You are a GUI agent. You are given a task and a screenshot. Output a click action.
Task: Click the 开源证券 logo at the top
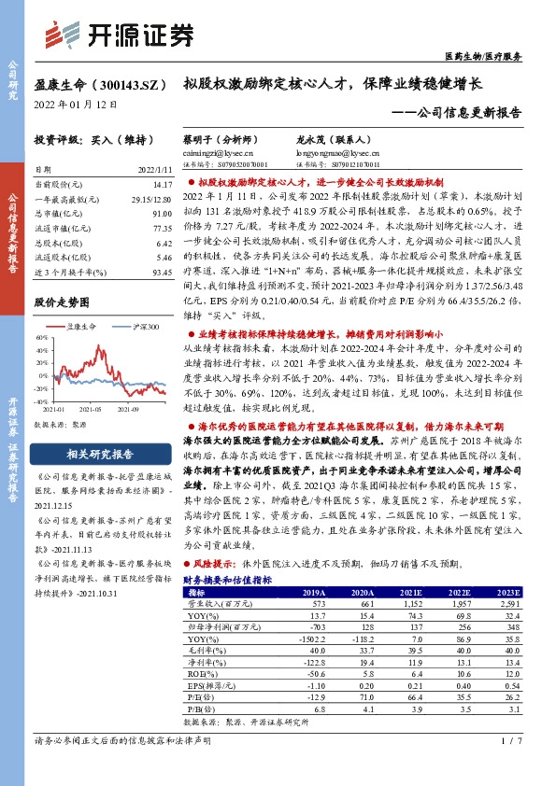(x=134, y=35)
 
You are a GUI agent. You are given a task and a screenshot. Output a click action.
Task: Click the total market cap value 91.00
(x=159, y=214)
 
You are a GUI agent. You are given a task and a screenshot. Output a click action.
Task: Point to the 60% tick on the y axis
(x=42, y=336)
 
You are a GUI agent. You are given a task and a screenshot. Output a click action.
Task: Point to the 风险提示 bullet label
(x=216, y=564)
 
